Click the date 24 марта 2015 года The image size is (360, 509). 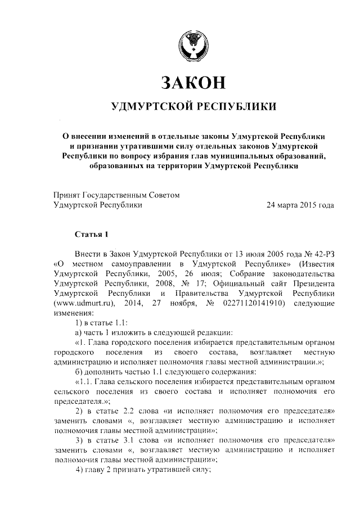pyautogui.click(x=300, y=205)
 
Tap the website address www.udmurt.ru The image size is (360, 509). pyautogui.click(x=84, y=304)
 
